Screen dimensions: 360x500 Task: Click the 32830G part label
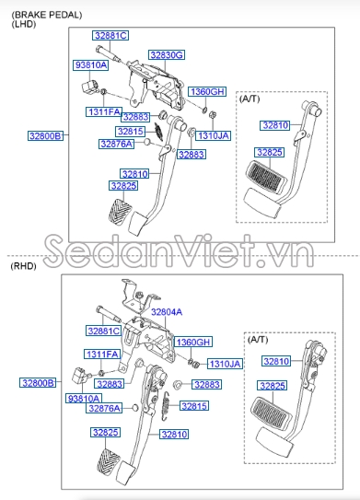click(x=167, y=55)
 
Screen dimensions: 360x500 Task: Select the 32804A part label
click(x=167, y=312)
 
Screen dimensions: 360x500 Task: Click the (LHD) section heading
click(x=22, y=26)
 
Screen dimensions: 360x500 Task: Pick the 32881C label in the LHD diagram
click(x=110, y=35)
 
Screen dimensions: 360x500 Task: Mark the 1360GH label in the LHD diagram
click(x=207, y=92)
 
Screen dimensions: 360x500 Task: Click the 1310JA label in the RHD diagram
click(x=224, y=364)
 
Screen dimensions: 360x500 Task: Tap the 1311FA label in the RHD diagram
click(x=102, y=354)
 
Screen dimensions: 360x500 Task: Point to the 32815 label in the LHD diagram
click(x=130, y=132)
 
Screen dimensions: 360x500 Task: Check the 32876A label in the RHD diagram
click(x=105, y=408)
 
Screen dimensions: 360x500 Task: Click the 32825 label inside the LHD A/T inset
click(x=270, y=152)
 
